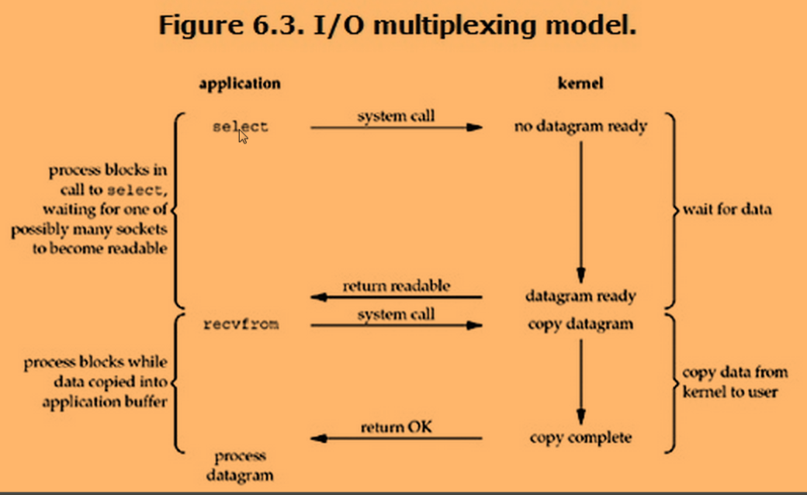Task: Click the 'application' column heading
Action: (x=240, y=83)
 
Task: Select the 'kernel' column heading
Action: (x=580, y=83)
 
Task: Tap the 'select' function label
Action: (x=240, y=126)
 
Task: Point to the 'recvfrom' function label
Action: (x=240, y=324)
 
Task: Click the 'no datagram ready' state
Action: (x=580, y=126)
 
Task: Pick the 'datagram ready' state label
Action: (x=580, y=296)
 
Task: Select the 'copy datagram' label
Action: (x=580, y=324)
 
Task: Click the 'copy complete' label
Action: (x=580, y=438)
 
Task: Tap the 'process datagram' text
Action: (x=240, y=464)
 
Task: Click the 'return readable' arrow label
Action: (x=396, y=286)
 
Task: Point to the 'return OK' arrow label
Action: (x=396, y=427)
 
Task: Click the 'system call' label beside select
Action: (x=396, y=116)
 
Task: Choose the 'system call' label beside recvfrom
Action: (x=396, y=314)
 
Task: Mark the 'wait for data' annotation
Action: (x=727, y=209)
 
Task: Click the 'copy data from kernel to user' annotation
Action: (x=729, y=382)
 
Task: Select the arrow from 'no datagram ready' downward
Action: (x=580, y=209)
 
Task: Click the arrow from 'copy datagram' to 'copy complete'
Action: (x=580, y=380)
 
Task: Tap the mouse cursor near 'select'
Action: (x=243, y=137)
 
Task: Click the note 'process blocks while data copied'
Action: (x=95, y=382)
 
